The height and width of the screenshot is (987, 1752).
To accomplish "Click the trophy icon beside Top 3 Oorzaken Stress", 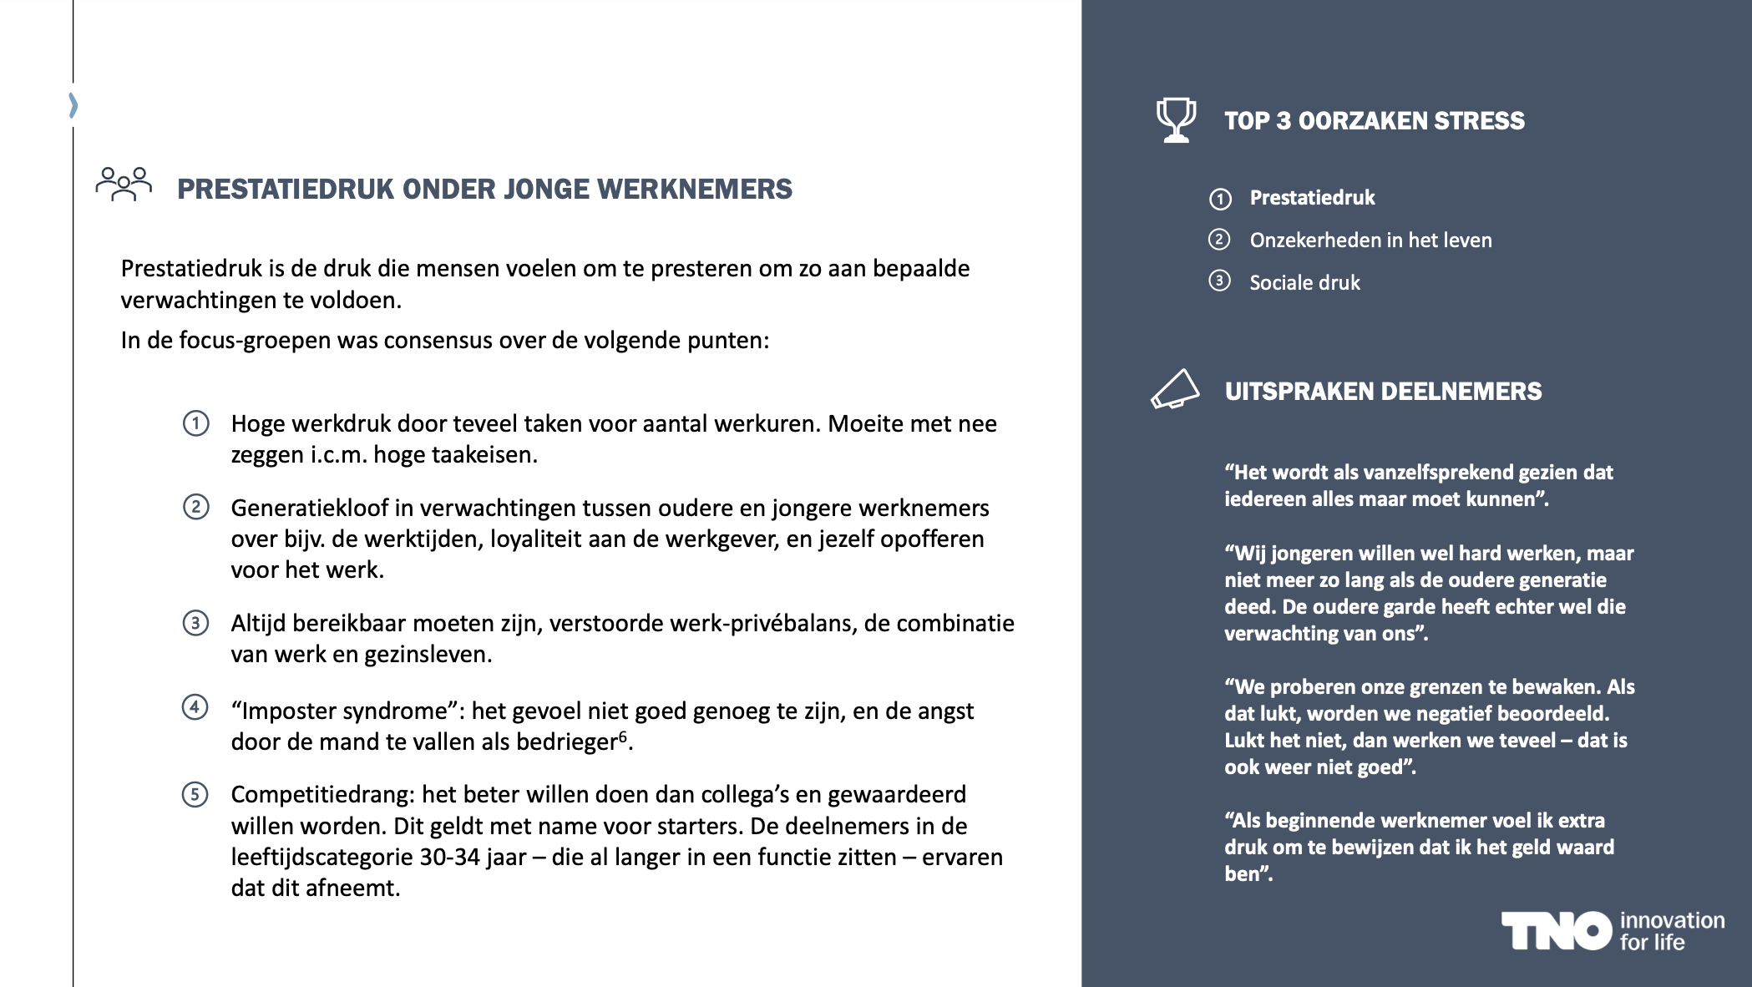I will pos(1176,120).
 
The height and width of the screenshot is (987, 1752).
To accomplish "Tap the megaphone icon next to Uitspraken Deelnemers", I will pos(1175,389).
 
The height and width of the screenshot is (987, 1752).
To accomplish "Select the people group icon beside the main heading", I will pos(124,184).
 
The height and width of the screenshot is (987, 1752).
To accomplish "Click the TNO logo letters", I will pos(1556,931).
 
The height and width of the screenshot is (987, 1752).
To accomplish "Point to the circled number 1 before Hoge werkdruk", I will pos(196,423).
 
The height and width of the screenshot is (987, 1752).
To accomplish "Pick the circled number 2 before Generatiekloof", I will pos(196,507).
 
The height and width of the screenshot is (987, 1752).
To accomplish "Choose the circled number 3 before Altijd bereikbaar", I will pos(196,623).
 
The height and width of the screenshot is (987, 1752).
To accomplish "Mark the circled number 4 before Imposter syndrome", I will pos(195,708).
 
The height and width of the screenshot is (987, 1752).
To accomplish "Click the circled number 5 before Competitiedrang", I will pos(195,794).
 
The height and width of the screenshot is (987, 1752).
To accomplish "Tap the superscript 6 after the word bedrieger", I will pos(622,736).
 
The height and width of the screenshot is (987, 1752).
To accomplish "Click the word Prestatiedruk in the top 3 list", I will pos(1312,198).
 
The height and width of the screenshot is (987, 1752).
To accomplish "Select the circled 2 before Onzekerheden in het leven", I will pos(1219,240).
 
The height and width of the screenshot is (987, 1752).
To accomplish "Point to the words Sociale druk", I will pos(1304,283).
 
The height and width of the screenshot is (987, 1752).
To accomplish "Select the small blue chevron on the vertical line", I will pos(73,105).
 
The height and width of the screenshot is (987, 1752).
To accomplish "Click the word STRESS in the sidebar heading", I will pos(1479,121).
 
